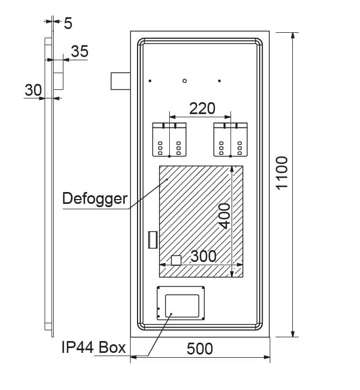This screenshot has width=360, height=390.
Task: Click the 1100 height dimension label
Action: [282, 173]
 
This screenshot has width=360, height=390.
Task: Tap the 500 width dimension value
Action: [200, 349]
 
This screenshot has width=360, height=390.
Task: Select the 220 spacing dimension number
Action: [202, 109]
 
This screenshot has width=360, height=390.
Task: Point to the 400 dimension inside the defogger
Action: [225, 216]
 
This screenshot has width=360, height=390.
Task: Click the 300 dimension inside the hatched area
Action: [204, 256]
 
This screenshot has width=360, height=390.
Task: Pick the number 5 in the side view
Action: [68, 23]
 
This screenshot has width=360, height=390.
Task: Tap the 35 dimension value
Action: [80, 51]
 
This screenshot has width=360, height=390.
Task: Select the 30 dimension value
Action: [33, 90]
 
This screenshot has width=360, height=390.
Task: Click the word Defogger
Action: [95, 198]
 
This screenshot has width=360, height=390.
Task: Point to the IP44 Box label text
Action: [93, 347]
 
